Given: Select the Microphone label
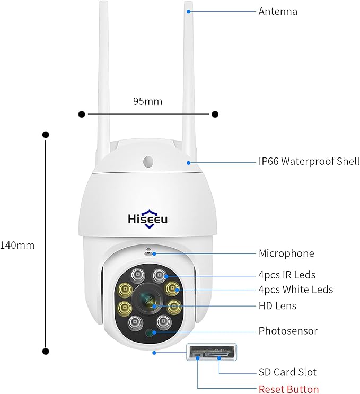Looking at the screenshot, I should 286,253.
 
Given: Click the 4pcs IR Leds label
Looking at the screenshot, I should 287,275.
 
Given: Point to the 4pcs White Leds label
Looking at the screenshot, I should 295,290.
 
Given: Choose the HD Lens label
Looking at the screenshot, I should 277,305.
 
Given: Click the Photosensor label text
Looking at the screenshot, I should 288,331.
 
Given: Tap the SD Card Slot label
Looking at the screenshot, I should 287,372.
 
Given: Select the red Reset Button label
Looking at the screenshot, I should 288,389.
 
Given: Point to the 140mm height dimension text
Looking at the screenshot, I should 17,246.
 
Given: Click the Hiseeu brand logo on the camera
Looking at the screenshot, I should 148,218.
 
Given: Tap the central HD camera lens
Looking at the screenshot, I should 148,301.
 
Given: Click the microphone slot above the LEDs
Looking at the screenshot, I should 148,251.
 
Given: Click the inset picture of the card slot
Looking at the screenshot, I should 211,352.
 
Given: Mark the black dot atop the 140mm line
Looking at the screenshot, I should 46,135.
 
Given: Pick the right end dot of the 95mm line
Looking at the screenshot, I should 215,113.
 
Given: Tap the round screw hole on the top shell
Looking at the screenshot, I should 148,161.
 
